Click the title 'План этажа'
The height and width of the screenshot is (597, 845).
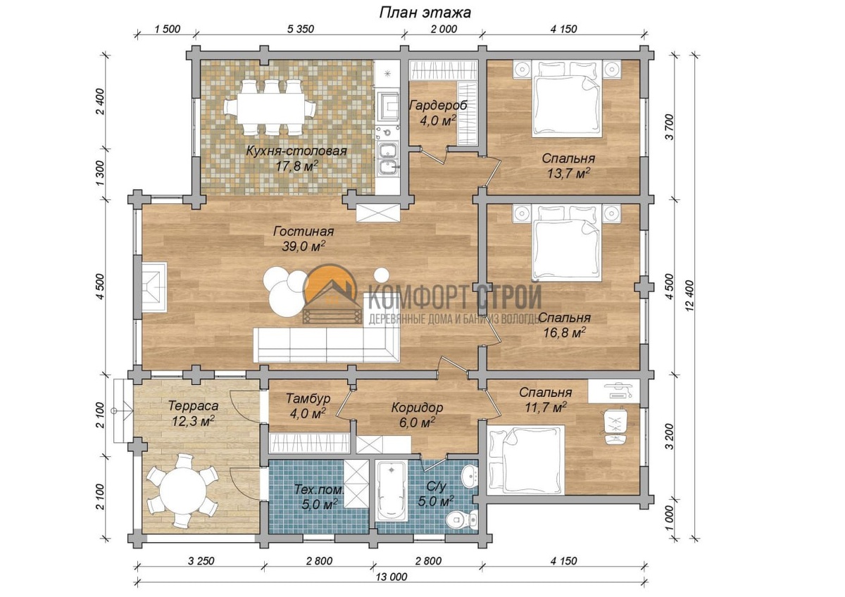click(425, 13)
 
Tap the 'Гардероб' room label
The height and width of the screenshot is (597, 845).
click(438, 105)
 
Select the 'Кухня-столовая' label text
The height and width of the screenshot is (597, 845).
click(296, 151)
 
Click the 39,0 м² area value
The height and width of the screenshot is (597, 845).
click(303, 246)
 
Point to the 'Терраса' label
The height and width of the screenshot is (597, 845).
click(193, 406)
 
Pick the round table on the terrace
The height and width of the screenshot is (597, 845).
click(183, 490)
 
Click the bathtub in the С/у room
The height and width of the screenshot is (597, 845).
click(392, 491)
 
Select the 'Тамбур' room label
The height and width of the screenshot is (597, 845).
click(308, 398)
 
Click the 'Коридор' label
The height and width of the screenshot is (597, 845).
click(417, 408)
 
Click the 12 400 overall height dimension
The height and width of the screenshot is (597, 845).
click(690, 295)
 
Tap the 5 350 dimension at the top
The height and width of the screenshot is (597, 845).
click(300, 29)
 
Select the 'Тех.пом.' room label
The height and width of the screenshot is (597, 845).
click(319, 490)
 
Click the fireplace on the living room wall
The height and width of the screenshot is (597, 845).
click(154, 287)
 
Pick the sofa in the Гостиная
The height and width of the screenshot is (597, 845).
click(327, 345)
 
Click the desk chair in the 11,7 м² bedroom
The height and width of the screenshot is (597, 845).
click(615, 427)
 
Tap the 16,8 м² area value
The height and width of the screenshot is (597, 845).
click(565, 332)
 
